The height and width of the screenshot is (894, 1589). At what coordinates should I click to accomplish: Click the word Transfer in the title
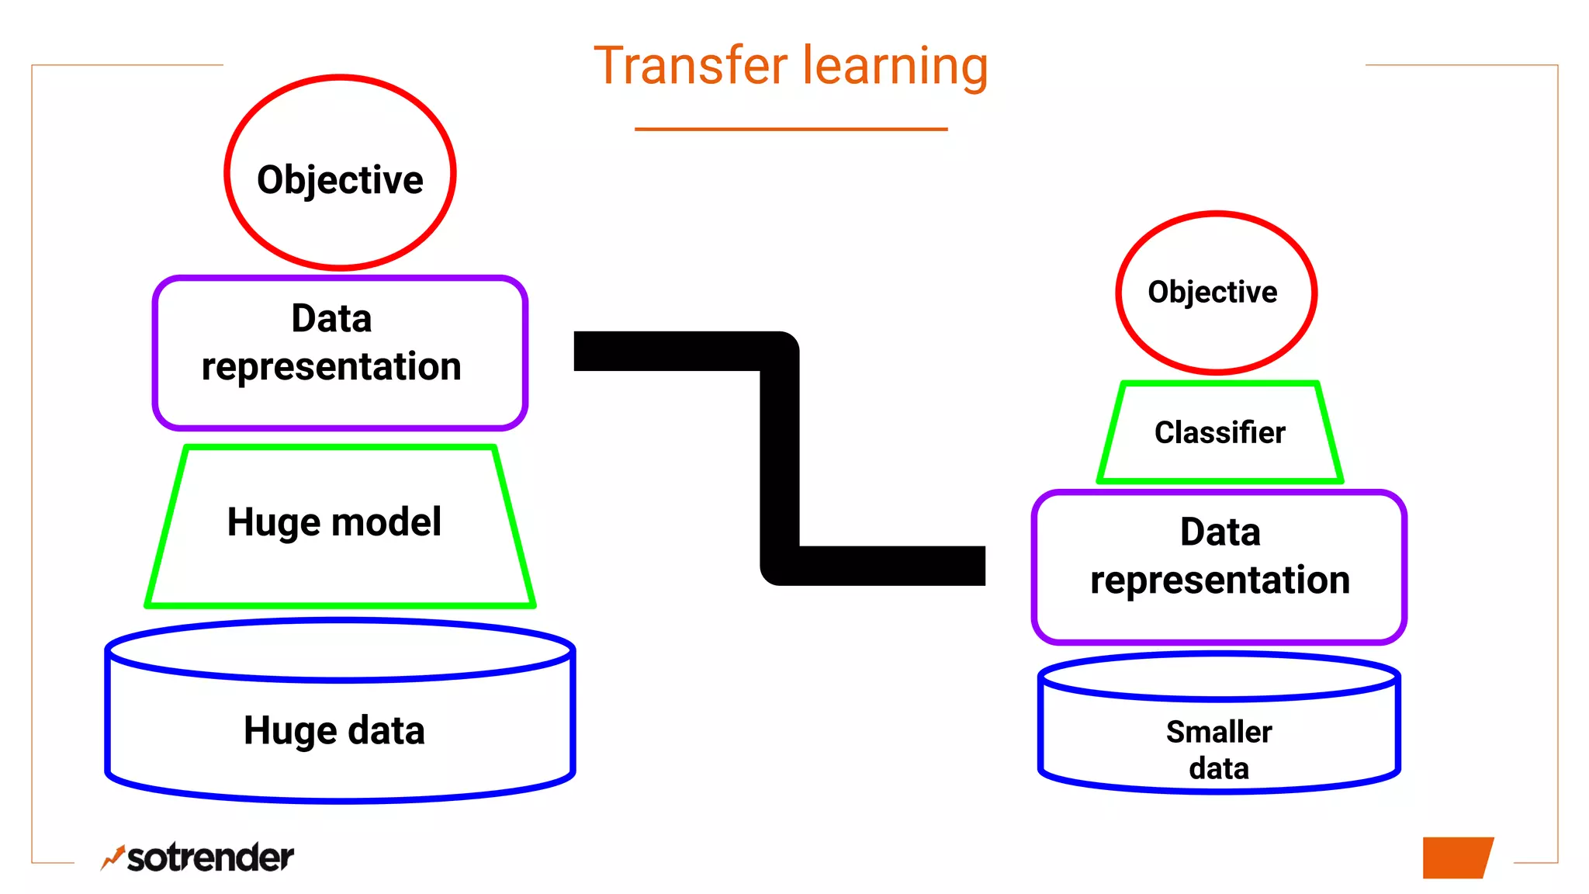pyautogui.click(x=690, y=66)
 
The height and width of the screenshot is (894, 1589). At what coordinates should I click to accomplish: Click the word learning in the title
pyautogui.click(x=895, y=68)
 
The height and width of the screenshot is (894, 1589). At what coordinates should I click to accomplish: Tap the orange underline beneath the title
pyautogui.click(x=791, y=129)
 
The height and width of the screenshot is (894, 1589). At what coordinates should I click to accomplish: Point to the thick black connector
pyautogui.click(x=779, y=458)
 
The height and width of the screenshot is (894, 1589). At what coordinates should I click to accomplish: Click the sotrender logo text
pyautogui.click(x=209, y=858)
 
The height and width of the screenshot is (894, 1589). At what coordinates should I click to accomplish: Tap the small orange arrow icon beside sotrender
pyautogui.click(x=113, y=858)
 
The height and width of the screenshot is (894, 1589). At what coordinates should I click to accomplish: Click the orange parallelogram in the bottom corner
pyautogui.click(x=1456, y=858)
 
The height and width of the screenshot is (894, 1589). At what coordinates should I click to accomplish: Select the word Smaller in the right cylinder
pyautogui.click(x=1219, y=732)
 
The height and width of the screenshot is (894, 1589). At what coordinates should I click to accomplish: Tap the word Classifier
pyautogui.click(x=1220, y=433)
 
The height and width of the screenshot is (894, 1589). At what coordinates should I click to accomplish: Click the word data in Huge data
pyautogui.click(x=386, y=731)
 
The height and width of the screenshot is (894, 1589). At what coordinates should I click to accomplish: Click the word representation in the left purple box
pyautogui.click(x=331, y=367)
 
